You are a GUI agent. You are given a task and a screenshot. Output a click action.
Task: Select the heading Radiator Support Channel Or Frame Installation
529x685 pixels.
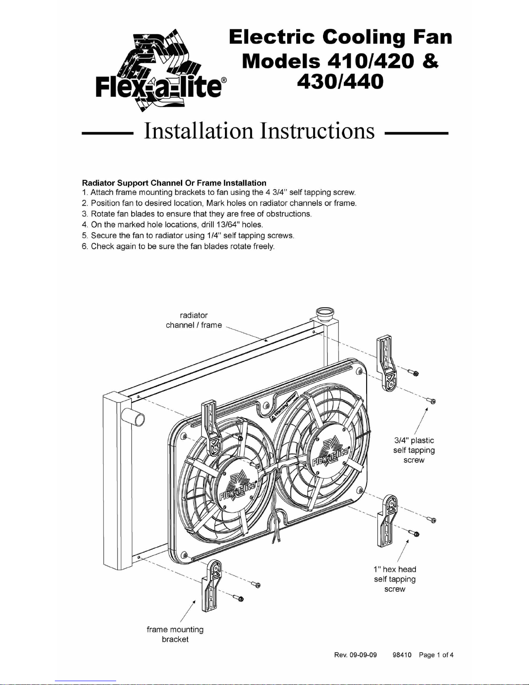(174, 183)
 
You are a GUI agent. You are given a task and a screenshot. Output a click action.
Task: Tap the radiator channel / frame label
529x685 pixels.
(194, 320)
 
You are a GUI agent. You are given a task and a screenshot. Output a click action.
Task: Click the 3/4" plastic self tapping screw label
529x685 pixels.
(414, 450)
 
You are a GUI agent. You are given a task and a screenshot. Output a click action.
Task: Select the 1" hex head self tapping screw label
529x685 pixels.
(395, 579)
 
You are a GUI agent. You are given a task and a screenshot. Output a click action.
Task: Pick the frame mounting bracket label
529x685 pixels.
(175, 634)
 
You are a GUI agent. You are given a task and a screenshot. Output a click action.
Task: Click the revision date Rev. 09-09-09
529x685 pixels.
(355, 655)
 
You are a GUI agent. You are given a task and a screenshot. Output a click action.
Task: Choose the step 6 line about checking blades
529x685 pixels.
(178, 246)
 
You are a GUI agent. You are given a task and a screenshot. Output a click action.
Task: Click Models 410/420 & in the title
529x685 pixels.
(340, 61)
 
